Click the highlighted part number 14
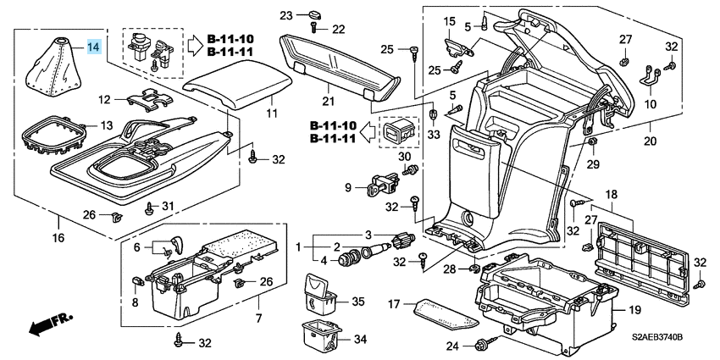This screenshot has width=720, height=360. pos(94,47)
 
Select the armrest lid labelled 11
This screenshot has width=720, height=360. pos(237,84)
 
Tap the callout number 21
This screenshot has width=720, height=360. pos(329,101)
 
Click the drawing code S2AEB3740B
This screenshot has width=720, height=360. pos(657,337)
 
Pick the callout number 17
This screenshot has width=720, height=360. pos(395,303)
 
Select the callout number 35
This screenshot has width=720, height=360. pos(358,302)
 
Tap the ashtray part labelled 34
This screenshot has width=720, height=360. pos(321,337)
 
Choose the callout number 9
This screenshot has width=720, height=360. pos(348,187)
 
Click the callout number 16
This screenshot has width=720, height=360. pos(58,238)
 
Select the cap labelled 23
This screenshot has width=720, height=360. pos(314,14)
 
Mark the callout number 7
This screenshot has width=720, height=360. pos(258,318)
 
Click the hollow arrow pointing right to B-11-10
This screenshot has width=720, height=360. pos(195,45)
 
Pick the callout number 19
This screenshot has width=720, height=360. pos(634,310)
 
